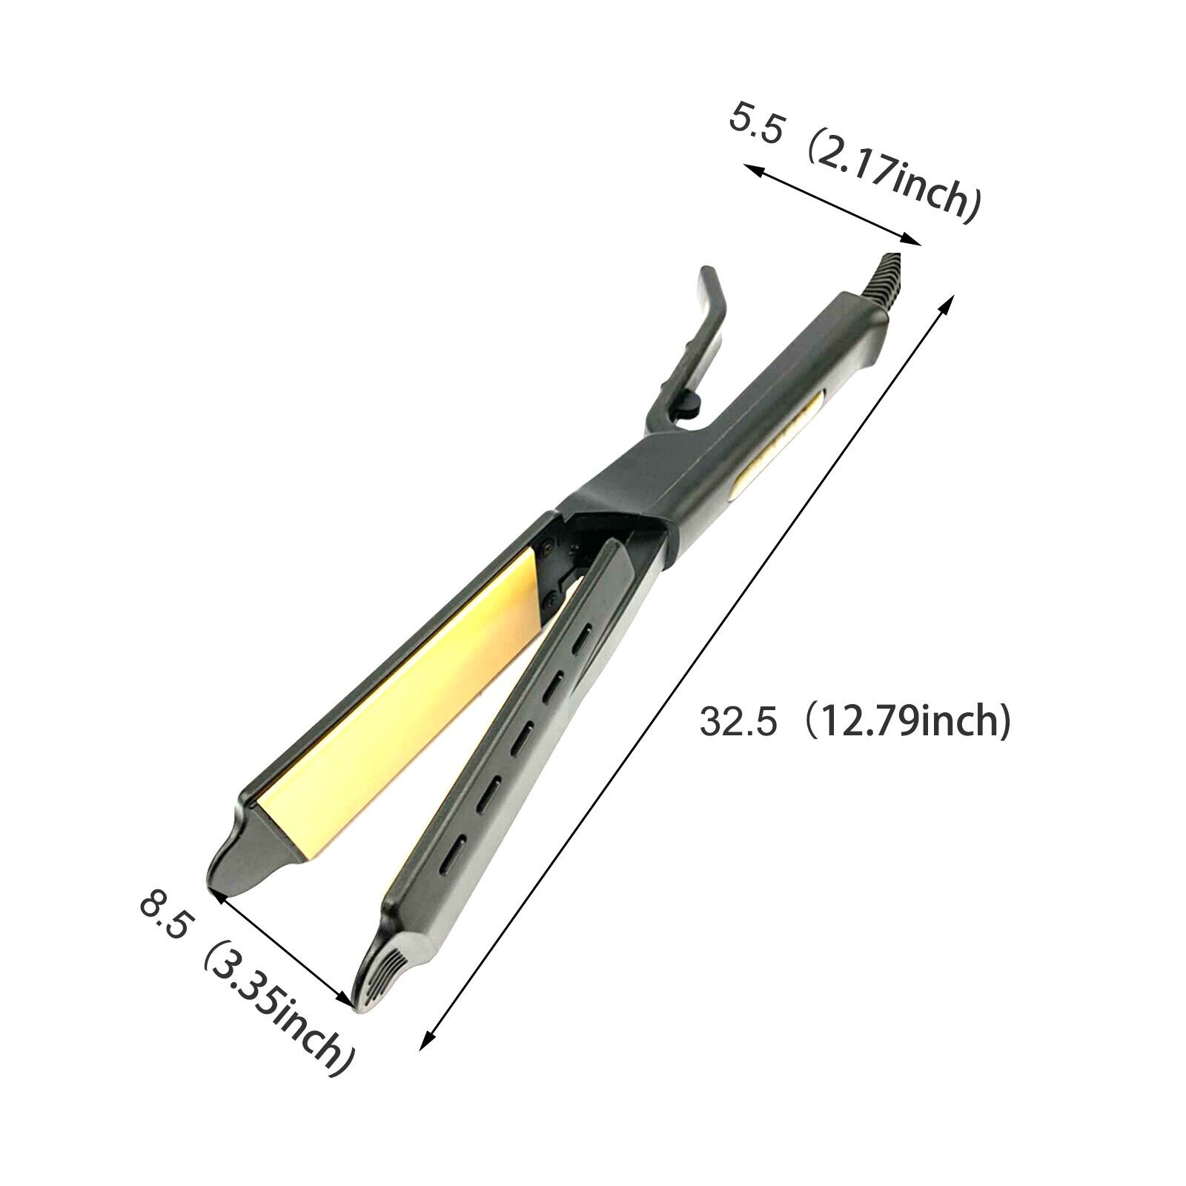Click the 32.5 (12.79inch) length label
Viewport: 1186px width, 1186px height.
tap(855, 721)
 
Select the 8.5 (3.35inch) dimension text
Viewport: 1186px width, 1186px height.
tap(244, 986)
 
